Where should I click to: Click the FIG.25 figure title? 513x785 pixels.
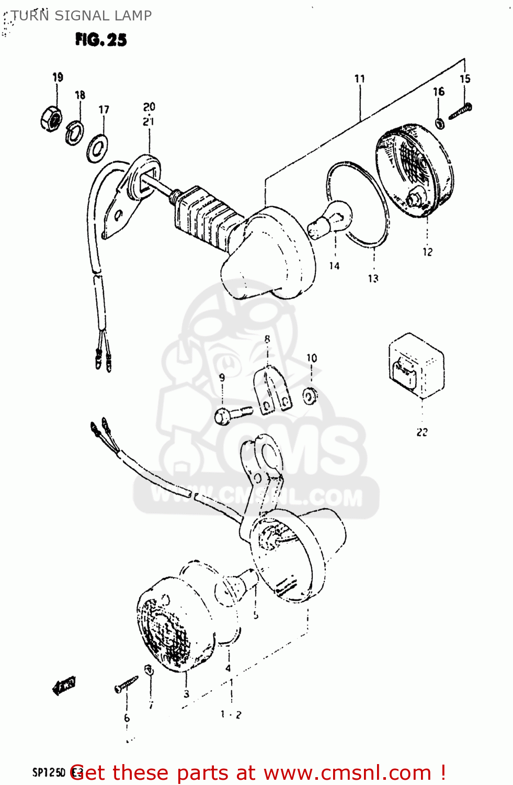point(101,40)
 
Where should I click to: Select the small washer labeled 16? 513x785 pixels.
point(440,124)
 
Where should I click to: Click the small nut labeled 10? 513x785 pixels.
point(310,396)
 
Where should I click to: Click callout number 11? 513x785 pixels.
point(360,79)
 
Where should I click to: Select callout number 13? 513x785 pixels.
point(373,278)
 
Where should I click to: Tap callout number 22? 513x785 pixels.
point(422,432)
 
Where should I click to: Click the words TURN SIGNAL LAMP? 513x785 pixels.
point(82,16)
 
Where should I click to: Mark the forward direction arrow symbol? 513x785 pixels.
point(64,686)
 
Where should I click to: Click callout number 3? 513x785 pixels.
point(187,694)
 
